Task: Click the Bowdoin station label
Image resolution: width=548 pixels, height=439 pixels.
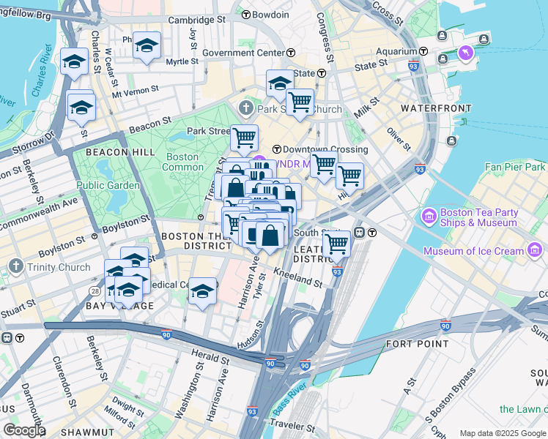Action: [x=273, y=15]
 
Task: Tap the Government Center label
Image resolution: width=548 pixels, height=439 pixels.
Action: [x=242, y=53]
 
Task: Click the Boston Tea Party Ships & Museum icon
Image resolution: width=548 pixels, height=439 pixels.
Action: [x=429, y=217]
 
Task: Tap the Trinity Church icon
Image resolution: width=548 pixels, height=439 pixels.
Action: [x=15, y=266]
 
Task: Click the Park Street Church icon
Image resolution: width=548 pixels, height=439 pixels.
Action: [x=245, y=109]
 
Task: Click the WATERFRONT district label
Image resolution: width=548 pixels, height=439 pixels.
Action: [x=436, y=108]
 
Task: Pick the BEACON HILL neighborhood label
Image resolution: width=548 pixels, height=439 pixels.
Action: [x=119, y=151]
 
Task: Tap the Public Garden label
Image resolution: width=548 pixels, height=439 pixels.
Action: [x=108, y=185]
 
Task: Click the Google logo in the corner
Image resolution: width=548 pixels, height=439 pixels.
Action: [x=23, y=430]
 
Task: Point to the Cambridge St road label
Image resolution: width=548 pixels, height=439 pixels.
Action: [x=197, y=21]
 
